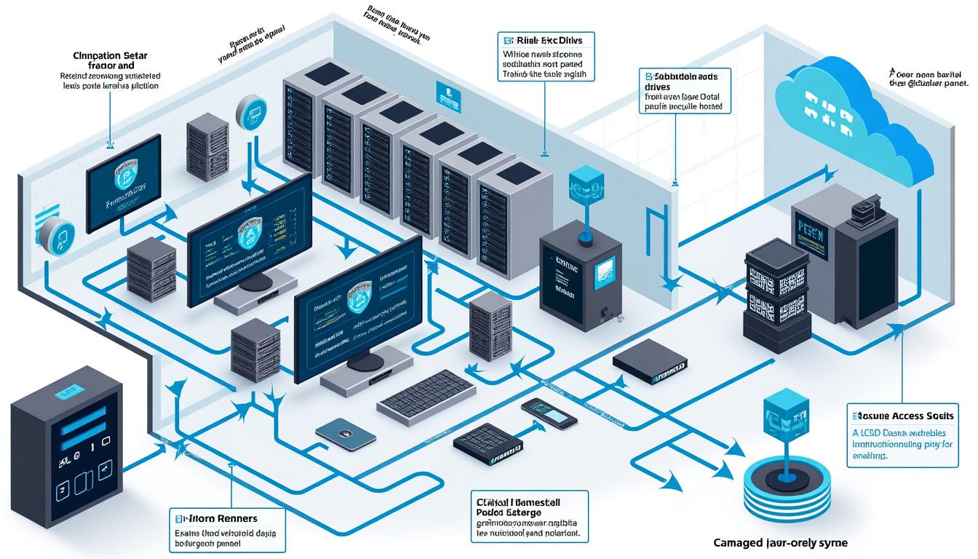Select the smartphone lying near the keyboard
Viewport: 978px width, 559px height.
point(549,413)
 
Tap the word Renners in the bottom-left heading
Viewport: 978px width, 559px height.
point(240,518)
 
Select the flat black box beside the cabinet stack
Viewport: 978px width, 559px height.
point(650,363)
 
